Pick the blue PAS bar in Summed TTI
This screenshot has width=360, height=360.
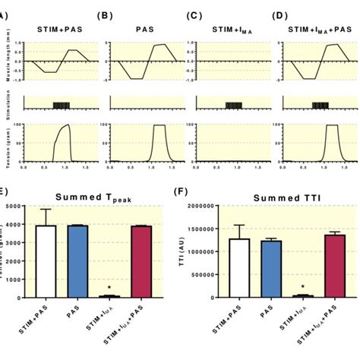(x=271, y=269)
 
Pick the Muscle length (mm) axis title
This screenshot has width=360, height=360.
(x=5, y=61)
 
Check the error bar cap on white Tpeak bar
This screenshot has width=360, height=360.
(x=47, y=209)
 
